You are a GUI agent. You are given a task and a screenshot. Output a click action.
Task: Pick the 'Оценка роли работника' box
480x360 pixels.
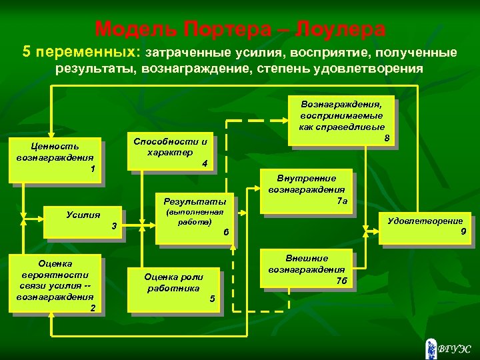point(173,287)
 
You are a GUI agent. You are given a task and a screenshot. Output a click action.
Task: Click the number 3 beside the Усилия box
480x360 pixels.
point(114,227)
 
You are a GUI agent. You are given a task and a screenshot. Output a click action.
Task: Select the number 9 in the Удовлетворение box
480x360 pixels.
point(463,232)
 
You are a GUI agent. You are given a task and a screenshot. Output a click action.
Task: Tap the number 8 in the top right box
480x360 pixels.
point(387,138)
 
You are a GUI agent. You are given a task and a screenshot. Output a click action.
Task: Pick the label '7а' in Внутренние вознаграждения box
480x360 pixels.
point(342,200)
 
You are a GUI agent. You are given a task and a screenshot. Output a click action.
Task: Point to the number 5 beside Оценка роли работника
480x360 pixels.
point(212,298)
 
